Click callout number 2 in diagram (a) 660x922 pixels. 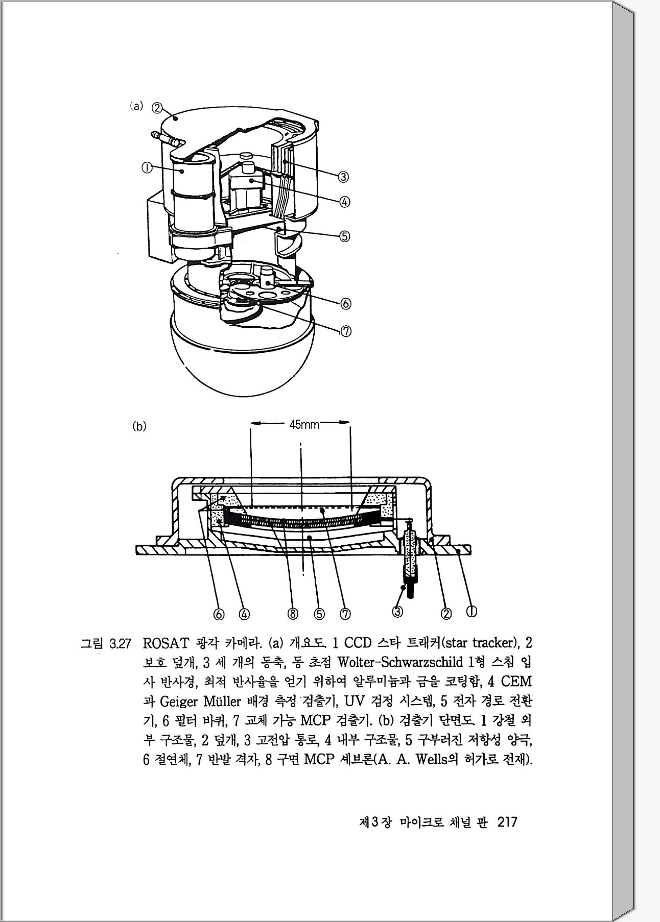point(158,108)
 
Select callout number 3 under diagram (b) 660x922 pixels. point(397,611)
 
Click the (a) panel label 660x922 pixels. point(136,107)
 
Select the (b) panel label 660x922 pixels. point(139,426)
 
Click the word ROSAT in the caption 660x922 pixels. point(164,642)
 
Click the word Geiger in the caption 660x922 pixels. point(179,700)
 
